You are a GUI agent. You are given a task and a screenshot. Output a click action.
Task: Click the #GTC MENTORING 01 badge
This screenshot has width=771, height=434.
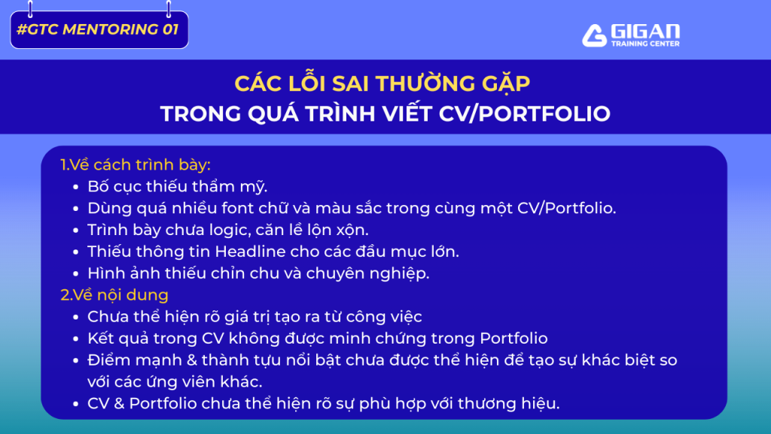pos(99,29)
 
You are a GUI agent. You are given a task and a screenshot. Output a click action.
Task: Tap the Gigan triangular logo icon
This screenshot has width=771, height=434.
pos(594,35)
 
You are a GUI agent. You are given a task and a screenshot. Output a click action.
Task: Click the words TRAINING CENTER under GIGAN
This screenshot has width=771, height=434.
pos(645,43)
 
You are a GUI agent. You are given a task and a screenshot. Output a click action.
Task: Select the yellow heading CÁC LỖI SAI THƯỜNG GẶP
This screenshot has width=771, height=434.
pos(382,83)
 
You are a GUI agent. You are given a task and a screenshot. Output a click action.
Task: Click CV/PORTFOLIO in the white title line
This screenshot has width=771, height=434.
pos(524,114)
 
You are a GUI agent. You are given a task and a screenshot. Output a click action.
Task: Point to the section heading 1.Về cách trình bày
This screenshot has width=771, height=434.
pos(136,165)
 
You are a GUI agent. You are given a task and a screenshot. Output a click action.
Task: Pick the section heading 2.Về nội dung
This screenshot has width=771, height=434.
pos(114,295)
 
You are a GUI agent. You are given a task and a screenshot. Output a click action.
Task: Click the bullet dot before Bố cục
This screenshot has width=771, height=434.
pos(76,187)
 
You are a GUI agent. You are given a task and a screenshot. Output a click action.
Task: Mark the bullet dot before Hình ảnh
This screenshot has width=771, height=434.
pos(76,274)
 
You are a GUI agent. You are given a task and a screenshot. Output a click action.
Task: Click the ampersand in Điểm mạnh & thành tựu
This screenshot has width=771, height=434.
pos(192,360)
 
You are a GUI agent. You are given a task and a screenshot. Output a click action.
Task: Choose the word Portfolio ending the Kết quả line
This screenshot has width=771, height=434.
pos(513,338)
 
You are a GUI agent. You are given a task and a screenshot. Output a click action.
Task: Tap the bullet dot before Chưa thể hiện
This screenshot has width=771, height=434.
pos(76,317)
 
